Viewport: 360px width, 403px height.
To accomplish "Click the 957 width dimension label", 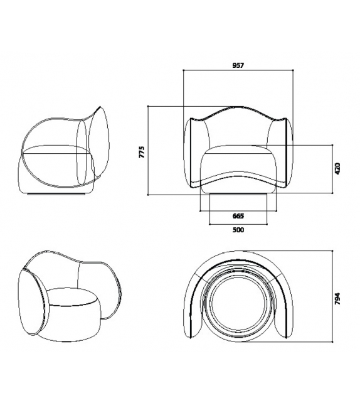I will (x=238, y=65).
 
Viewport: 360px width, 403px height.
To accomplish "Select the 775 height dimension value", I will (x=142, y=151).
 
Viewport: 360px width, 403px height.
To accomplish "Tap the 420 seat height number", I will (x=337, y=168).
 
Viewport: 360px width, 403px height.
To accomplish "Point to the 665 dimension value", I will (x=238, y=215).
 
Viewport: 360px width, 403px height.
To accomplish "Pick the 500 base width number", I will (x=238, y=230).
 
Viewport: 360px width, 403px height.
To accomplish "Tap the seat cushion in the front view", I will (x=238, y=161).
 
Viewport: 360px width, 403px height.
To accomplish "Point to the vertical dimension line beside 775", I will (x=148, y=151).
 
